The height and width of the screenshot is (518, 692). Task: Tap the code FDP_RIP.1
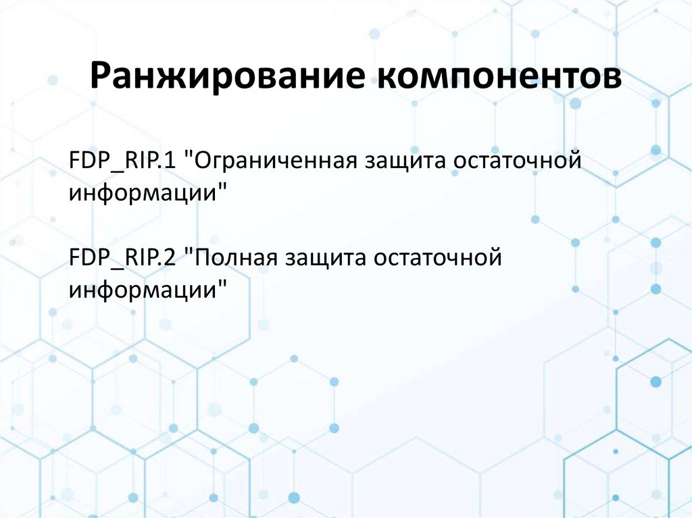tap(122, 161)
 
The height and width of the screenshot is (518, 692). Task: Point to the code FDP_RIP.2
tap(122, 258)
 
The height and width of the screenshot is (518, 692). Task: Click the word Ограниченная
tap(275, 161)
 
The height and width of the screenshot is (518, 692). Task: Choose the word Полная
tap(236, 258)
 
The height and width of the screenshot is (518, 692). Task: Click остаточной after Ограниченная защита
tap(517, 160)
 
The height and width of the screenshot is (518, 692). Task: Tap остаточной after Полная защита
tap(438, 257)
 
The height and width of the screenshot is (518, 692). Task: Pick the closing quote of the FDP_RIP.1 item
tap(221, 188)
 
